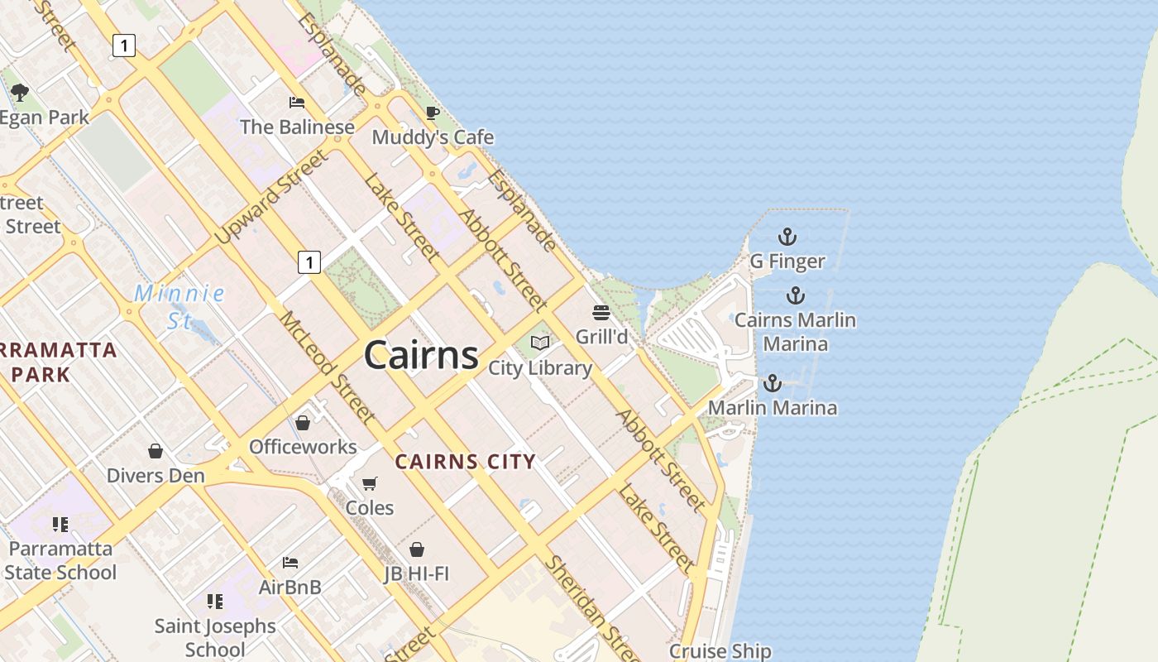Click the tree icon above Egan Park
tap(20, 93)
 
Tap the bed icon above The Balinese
tap(296, 103)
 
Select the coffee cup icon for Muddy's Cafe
tap(432, 113)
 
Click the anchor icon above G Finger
tap(787, 237)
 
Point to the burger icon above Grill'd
tap(601, 313)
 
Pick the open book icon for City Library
tap(540, 343)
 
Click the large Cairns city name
tap(421, 355)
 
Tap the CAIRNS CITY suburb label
tap(465, 462)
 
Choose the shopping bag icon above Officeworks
tap(303, 423)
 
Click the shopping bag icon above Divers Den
tap(156, 451)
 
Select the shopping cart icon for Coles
tap(370, 483)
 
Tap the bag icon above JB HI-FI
tap(417, 549)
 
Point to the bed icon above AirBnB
tap(289, 563)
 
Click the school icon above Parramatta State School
tap(60, 524)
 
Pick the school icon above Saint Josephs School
tap(215, 602)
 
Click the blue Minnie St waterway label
tap(179, 306)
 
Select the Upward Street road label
tap(270, 197)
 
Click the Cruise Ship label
tap(720, 651)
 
